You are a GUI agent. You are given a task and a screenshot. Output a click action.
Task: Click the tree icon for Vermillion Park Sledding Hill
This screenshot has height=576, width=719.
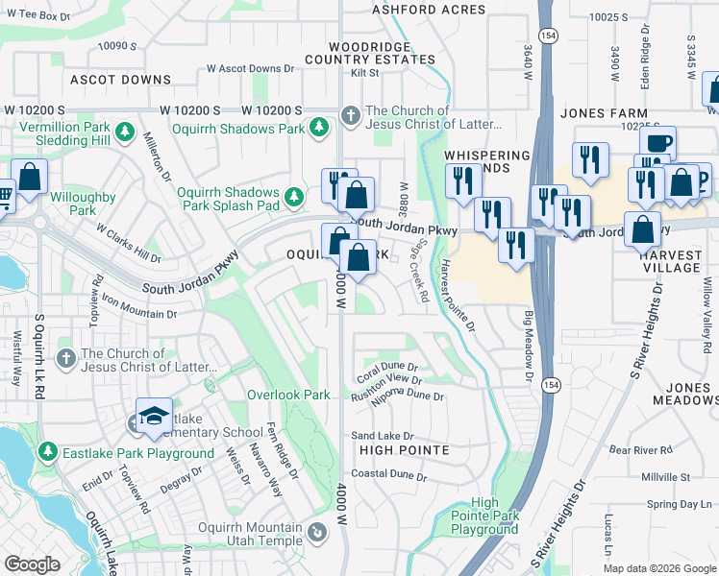click(x=124, y=131)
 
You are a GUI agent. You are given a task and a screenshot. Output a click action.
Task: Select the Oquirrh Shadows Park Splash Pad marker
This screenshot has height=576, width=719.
click(x=295, y=197)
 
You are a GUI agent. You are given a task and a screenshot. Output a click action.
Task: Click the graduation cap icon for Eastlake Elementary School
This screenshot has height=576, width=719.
click(x=154, y=415)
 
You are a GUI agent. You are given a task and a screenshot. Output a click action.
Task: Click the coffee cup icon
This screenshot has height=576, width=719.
click(x=657, y=143)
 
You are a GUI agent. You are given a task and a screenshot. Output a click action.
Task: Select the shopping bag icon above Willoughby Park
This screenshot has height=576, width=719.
click(x=30, y=178)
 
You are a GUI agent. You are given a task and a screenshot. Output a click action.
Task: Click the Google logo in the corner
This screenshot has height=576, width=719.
click(x=33, y=564)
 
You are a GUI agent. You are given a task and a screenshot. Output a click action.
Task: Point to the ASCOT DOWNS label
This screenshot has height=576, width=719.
click(x=105, y=80)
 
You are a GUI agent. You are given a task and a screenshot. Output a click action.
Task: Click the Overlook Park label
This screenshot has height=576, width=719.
click(x=288, y=395)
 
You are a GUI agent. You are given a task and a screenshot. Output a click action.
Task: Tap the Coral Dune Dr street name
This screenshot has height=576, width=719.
click(x=388, y=367)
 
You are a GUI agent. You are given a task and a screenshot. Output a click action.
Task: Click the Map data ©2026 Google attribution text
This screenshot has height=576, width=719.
click(x=658, y=567)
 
